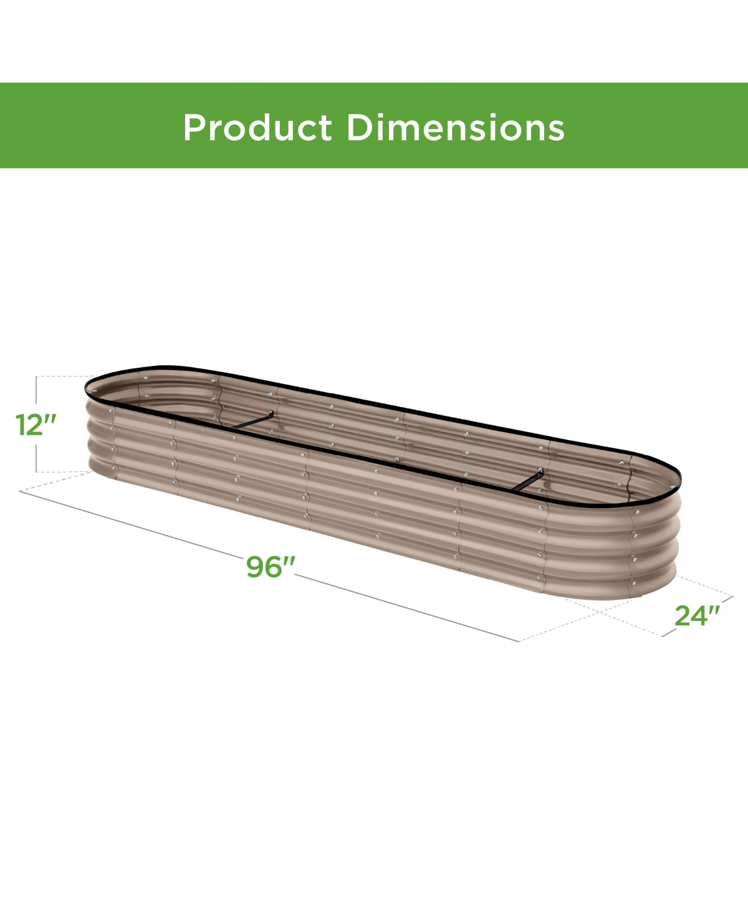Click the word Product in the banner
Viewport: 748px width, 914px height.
coord(257,127)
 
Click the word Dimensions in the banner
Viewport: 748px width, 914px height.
coord(455,127)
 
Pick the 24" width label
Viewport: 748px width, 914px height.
coord(697,615)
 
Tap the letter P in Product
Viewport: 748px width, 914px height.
coord(194,127)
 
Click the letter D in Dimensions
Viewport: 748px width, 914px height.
coord(358,127)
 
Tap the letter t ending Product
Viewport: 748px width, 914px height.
coord(327,128)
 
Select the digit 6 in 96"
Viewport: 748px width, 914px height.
coord(273,567)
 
